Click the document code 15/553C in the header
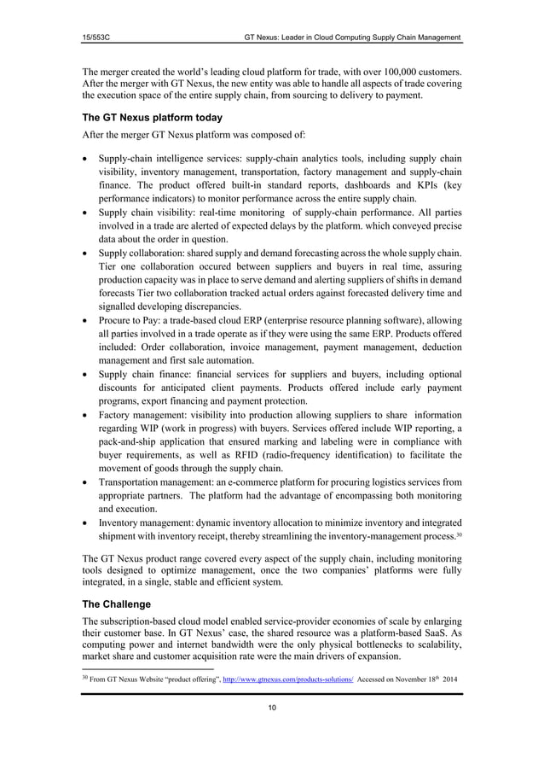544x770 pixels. (x=97, y=38)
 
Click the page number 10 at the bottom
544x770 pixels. (x=271, y=708)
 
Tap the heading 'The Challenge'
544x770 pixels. (x=115, y=604)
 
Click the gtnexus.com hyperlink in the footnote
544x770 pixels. (x=287, y=681)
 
